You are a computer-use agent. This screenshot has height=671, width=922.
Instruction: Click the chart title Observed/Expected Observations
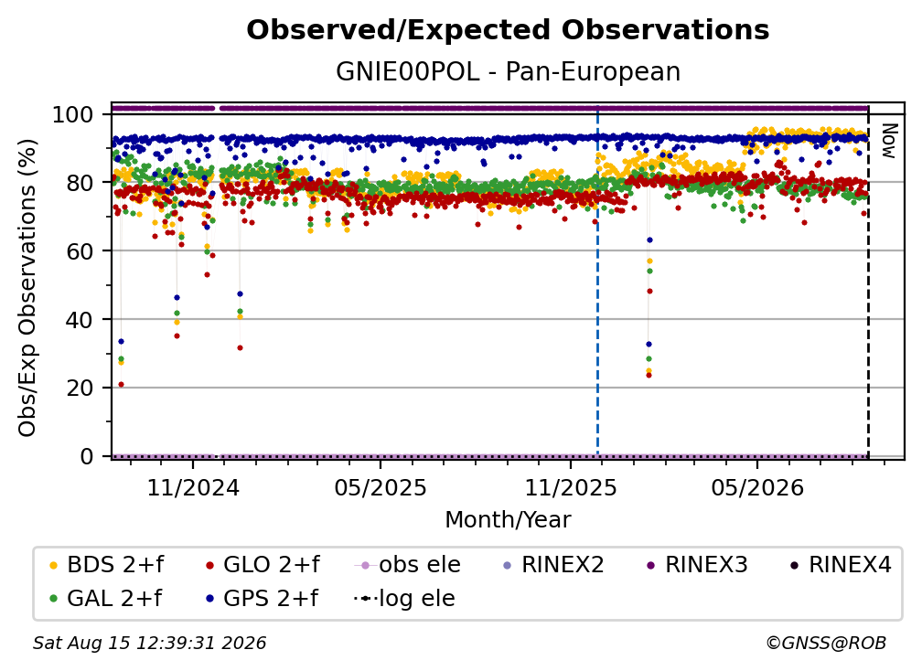click(x=508, y=30)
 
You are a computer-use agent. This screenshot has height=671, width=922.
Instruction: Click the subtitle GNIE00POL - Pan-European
click(x=508, y=72)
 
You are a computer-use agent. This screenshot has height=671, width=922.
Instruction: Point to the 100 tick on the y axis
click(x=73, y=114)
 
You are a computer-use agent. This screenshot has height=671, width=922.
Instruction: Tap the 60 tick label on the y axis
click(x=80, y=251)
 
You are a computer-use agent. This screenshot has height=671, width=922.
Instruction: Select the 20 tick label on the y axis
click(x=80, y=389)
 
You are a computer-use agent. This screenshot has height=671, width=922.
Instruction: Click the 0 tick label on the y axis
click(x=87, y=456)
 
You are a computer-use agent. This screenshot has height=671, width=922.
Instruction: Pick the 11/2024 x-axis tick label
click(x=193, y=487)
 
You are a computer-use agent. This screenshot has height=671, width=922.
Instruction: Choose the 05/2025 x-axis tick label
click(x=381, y=487)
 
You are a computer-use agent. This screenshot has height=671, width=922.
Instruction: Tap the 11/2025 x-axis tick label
click(x=571, y=487)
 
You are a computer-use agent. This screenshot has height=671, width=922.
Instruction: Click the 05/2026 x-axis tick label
click(x=757, y=487)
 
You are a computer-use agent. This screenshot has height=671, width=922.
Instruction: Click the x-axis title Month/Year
click(x=508, y=520)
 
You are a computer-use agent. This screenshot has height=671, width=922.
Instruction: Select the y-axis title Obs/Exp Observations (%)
click(x=27, y=288)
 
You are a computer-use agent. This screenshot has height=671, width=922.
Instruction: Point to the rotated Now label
click(x=889, y=141)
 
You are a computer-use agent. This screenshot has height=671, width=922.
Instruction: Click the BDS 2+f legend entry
click(x=107, y=565)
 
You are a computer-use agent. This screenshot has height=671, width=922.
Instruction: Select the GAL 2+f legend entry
click(x=106, y=598)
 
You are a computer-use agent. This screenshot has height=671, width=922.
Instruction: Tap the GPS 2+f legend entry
click(x=262, y=598)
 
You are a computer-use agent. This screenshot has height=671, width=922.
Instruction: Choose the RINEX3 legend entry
click(x=697, y=565)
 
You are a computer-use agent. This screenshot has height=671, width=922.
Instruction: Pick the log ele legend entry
click(x=404, y=598)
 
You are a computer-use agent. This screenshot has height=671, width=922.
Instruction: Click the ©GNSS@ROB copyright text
click(x=826, y=643)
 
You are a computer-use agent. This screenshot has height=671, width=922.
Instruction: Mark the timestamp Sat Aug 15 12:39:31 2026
click(x=149, y=643)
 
